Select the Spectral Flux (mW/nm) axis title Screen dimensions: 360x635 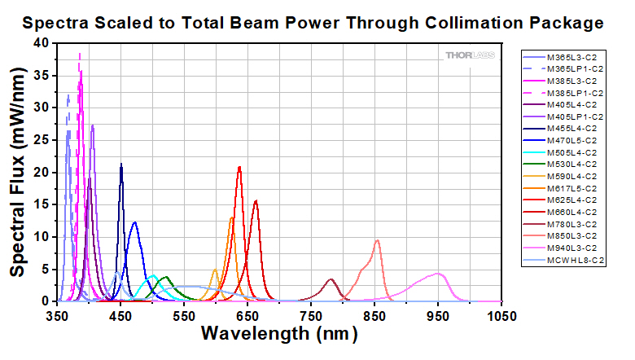tap(16, 173)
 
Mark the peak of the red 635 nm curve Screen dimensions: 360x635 tap(239, 167)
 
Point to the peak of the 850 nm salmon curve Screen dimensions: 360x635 tap(377, 240)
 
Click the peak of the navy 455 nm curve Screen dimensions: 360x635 tap(121, 165)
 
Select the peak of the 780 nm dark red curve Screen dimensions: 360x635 tap(331, 279)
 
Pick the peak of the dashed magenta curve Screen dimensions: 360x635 tap(80, 54)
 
